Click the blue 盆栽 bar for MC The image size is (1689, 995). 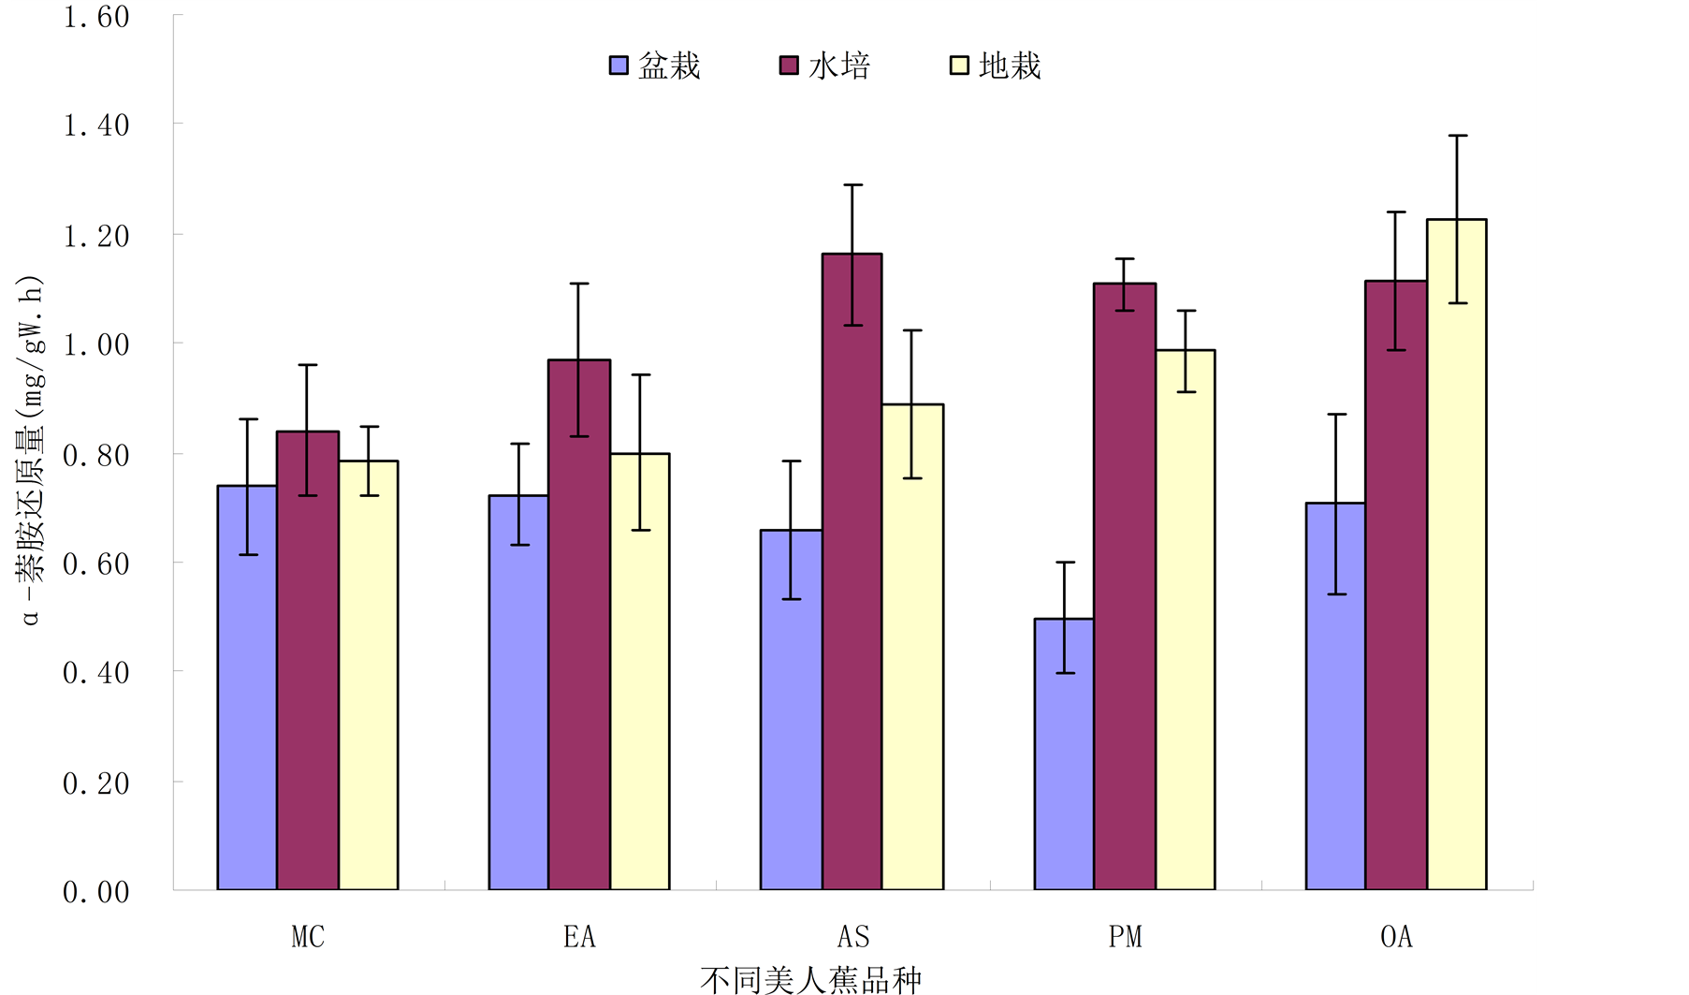[247, 688]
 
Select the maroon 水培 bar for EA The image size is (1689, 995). [579, 625]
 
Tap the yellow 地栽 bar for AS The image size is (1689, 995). [912, 647]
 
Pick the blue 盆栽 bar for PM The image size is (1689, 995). [1064, 754]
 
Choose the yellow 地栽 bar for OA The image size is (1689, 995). [1457, 554]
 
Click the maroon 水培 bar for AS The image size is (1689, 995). [852, 572]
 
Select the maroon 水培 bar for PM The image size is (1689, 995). [1125, 587]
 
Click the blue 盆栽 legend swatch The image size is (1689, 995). [619, 66]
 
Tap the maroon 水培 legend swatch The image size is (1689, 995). [789, 66]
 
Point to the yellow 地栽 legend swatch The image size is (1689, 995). [959, 66]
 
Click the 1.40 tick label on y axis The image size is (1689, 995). [96, 124]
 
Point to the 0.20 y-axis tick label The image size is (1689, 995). [96, 783]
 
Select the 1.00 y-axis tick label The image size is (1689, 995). [96, 344]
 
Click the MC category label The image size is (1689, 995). [308, 936]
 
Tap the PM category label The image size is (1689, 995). [1125, 936]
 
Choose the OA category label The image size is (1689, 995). [1396, 936]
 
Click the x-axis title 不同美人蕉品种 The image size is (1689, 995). [810, 979]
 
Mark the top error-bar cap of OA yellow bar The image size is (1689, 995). [1457, 136]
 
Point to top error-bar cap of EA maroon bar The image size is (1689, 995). [579, 283]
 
